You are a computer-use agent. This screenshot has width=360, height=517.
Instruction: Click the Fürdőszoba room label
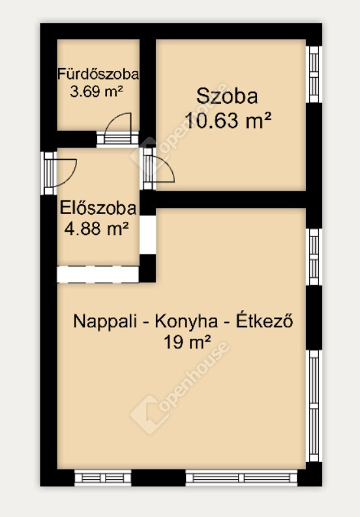98,74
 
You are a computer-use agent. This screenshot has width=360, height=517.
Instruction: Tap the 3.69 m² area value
96,91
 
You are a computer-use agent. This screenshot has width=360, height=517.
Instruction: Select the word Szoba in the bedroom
227,97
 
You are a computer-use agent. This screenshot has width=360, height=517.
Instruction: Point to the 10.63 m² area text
228,120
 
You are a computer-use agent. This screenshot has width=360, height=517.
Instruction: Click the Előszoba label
98,208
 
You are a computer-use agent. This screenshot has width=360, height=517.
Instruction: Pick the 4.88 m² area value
97,228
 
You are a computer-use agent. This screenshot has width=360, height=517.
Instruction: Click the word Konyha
187,321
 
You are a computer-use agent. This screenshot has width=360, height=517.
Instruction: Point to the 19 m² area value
187,343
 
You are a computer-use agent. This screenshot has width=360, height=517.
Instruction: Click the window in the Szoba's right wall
314,74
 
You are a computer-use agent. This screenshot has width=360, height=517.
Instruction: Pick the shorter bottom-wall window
103,477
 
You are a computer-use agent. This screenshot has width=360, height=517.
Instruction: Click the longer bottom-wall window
242,477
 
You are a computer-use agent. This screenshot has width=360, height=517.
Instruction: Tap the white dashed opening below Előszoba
98,274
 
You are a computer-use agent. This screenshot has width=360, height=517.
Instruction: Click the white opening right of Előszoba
148,235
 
